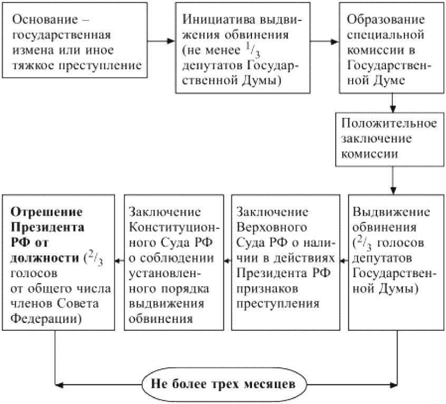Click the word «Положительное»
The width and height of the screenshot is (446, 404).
(x=389, y=125)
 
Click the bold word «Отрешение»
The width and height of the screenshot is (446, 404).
(x=47, y=213)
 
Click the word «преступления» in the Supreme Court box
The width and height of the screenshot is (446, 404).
(x=278, y=304)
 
